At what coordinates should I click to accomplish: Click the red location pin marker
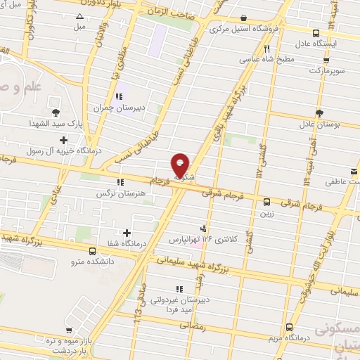coord(181,166)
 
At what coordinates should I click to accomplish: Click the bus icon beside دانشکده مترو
coord(93,251)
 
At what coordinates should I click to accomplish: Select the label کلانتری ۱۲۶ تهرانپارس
coord(204,239)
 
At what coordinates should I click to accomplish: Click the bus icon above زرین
coord(266,202)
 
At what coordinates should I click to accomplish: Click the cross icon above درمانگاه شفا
coord(127,233)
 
